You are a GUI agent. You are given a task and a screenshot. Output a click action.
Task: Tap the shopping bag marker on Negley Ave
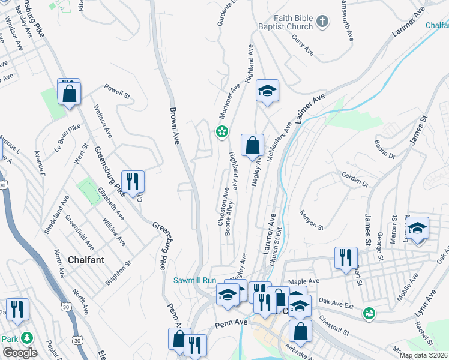pyautogui.click(x=253, y=145)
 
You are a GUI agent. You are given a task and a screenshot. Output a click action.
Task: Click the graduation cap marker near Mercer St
pyautogui.click(x=417, y=228)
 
